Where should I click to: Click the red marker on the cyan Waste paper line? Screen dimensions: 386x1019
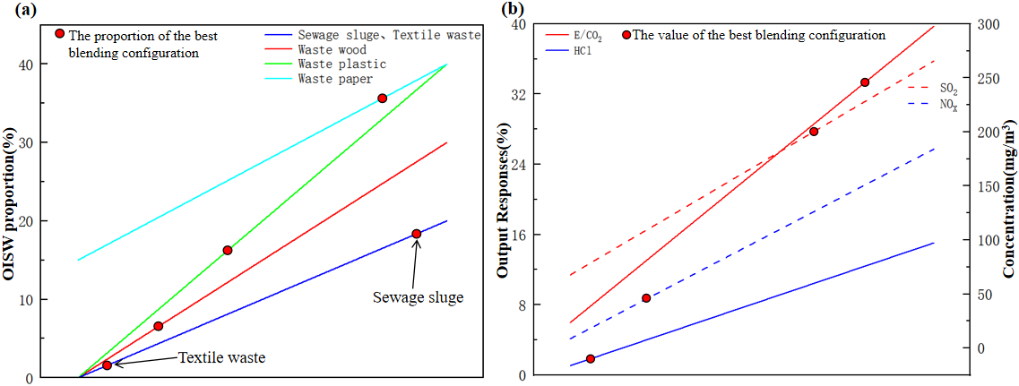pyautogui.click(x=382, y=99)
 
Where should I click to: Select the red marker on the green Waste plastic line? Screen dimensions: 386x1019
pyautogui.click(x=228, y=250)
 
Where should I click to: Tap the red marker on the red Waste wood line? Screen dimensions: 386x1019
pyautogui.click(x=159, y=326)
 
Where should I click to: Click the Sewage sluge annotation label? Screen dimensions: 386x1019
pyautogui.click(x=418, y=297)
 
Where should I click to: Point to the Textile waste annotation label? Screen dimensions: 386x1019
pyautogui.click(x=222, y=357)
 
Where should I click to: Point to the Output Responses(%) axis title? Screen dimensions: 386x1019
pyautogui.click(x=504, y=202)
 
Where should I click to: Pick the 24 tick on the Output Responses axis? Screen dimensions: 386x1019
pyautogui.click(x=519, y=164)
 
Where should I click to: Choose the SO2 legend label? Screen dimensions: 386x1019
pyautogui.click(x=946, y=88)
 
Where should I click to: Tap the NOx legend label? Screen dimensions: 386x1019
pyautogui.click(x=946, y=105)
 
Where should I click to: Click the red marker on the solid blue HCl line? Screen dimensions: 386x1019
pyautogui.click(x=591, y=359)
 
